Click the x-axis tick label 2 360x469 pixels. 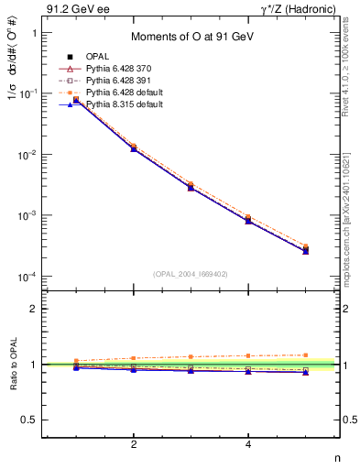[134, 444]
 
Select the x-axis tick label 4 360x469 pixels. [249, 444]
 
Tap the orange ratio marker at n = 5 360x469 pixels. [306, 354]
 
